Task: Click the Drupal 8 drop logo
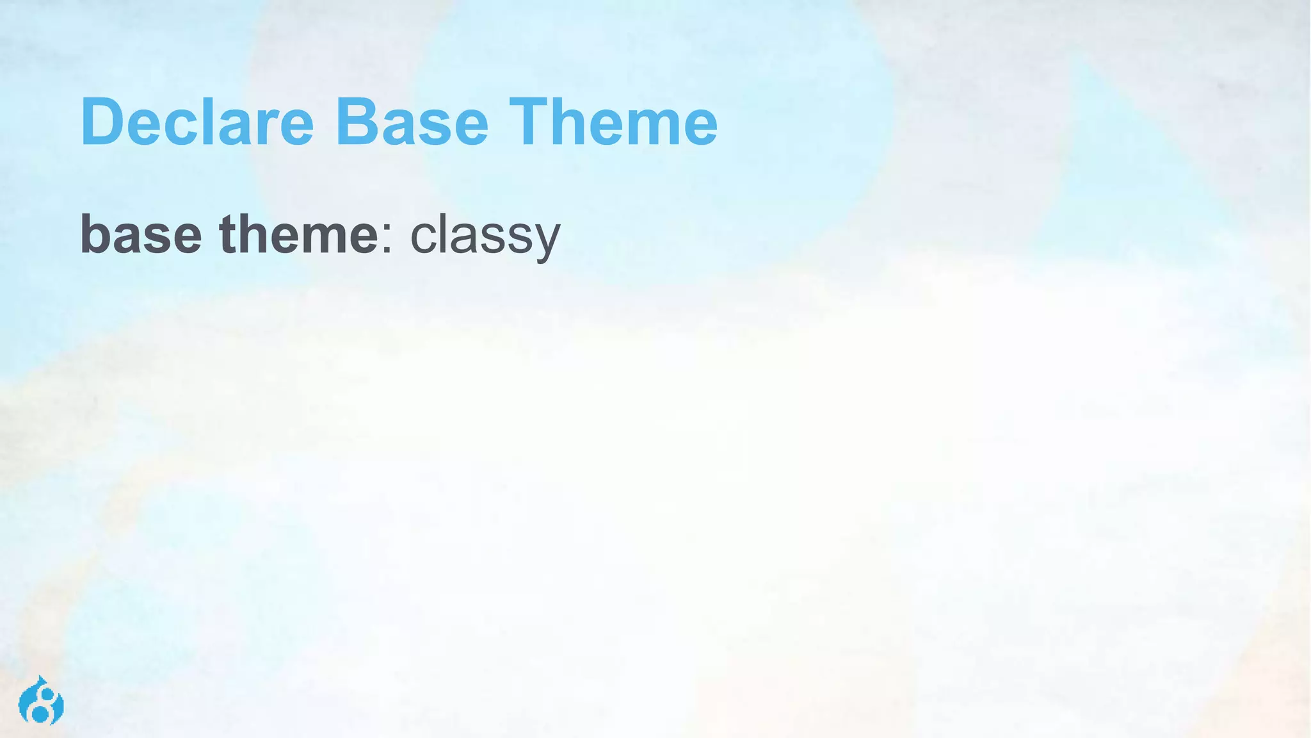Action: point(41,701)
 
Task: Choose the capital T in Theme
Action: point(531,122)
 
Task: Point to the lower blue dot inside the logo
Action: point(40,712)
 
